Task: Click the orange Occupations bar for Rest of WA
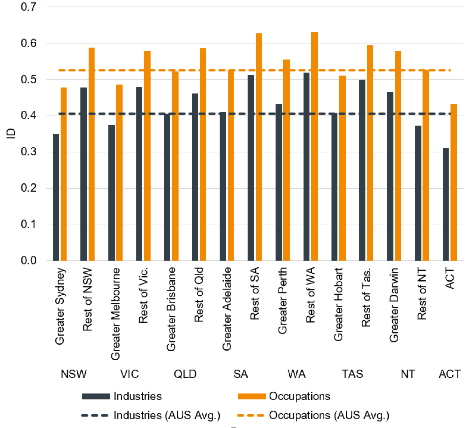coord(314,146)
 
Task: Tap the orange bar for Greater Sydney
coord(64,174)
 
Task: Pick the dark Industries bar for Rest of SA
coord(251,168)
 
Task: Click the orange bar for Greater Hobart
coord(342,168)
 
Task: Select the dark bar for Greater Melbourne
coord(112,193)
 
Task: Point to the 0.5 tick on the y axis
coord(29,80)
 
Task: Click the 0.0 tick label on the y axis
coord(29,260)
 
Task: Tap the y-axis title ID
coord(11,133)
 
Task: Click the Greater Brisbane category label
coord(171,309)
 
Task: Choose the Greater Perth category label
coord(282,301)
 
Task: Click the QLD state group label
coord(185,374)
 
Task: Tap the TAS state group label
coord(352,374)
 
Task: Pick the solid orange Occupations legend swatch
coord(252,396)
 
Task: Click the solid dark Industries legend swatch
coord(96,396)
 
